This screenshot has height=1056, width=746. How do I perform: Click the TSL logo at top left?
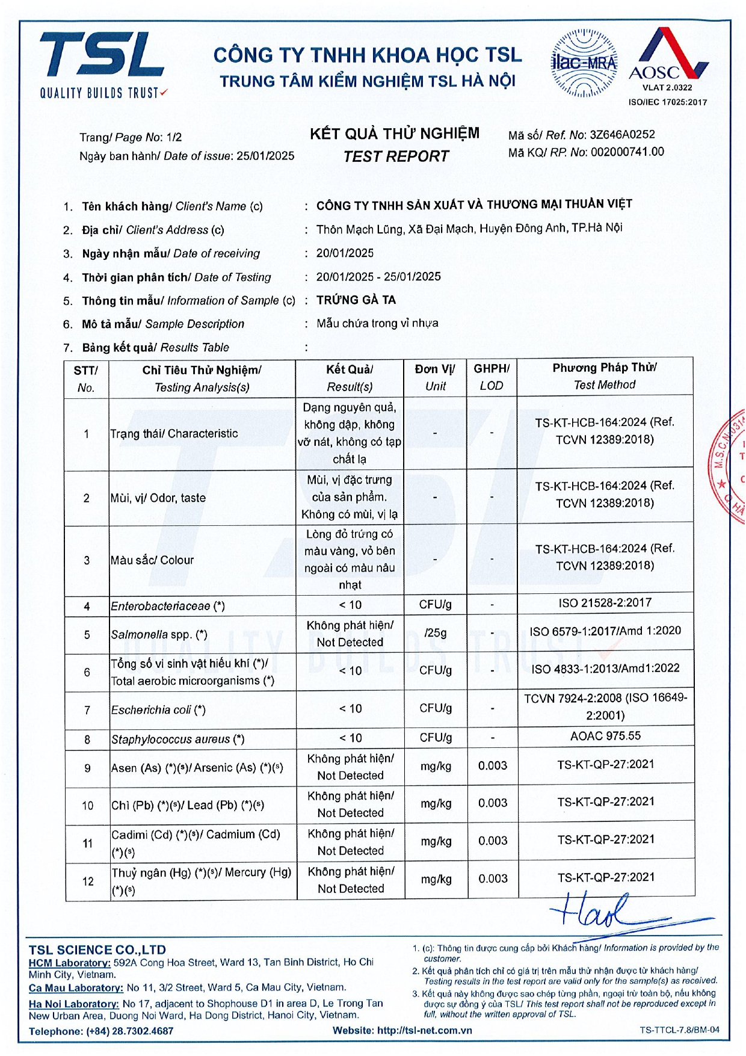(x=102, y=63)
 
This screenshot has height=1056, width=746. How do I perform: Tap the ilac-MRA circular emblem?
(x=584, y=63)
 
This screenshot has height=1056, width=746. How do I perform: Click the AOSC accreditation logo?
(x=668, y=60)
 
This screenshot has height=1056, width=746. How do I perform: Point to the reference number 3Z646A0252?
(x=622, y=135)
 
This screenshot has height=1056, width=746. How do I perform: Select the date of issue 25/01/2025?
(x=265, y=156)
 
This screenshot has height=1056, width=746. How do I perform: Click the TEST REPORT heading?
(x=396, y=156)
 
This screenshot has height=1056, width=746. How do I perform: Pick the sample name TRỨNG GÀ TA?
(x=356, y=300)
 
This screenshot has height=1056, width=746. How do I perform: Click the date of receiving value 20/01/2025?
(x=345, y=253)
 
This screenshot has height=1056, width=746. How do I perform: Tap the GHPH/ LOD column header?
(x=492, y=377)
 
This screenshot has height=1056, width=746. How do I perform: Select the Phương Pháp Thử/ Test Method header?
(x=605, y=376)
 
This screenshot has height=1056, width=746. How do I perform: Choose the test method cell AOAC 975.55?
(x=605, y=736)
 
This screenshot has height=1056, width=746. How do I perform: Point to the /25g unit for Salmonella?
(x=436, y=633)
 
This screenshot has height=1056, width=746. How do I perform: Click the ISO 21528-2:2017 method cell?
(x=605, y=603)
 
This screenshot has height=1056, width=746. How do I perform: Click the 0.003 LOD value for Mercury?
(x=493, y=878)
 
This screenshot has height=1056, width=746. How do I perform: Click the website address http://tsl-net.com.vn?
(x=424, y=1030)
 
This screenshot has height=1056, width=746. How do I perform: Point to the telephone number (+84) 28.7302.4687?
(x=129, y=1031)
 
